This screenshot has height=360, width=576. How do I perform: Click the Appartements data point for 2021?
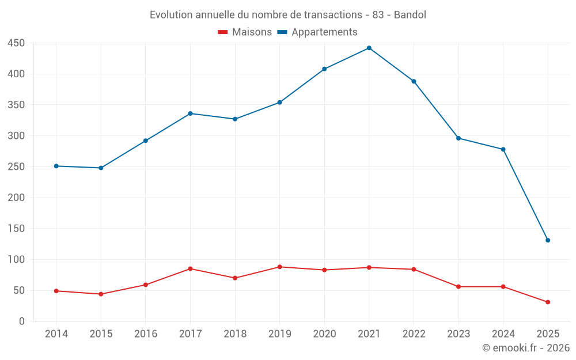click(369, 48)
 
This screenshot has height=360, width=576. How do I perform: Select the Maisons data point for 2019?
click(279, 267)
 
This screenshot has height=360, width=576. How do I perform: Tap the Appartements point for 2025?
click(548, 240)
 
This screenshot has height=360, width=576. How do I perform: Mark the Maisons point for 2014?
click(56, 291)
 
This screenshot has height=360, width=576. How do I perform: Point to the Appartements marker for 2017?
click(190, 113)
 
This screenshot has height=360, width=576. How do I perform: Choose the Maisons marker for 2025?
click(548, 302)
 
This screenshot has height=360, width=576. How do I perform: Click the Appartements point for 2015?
click(101, 168)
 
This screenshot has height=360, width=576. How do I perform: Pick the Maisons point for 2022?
click(414, 269)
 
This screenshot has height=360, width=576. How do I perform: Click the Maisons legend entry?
click(245, 32)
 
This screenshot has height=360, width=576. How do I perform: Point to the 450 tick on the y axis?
click(16, 43)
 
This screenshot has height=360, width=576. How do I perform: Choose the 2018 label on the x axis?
click(235, 334)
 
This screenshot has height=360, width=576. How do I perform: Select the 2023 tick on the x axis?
click(458, 334)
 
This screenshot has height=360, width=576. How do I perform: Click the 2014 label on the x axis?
click(56, 334)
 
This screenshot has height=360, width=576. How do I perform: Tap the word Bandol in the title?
click(410, 15)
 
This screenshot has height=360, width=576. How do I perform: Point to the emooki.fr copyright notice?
click(526, 348)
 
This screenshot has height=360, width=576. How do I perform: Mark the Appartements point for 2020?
click(324, 69)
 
